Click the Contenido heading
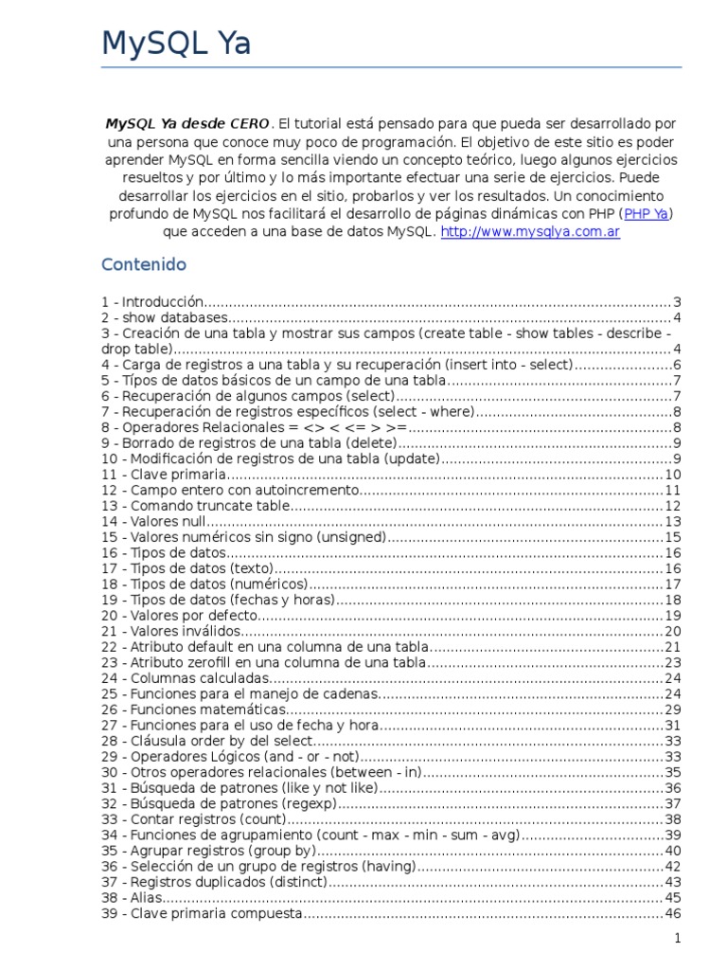coord(144,264)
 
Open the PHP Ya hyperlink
coord(646,214)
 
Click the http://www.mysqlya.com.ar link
coord(530,232)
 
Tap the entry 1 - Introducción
coord(152,302)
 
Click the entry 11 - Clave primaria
coord(164,474)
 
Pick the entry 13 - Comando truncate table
coord(195,505)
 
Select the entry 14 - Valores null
coord(153,521)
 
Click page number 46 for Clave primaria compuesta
coord(673,912)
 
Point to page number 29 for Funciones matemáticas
coord(673,709)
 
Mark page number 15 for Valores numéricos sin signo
coord(673,536)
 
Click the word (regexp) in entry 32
coord(298,802)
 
